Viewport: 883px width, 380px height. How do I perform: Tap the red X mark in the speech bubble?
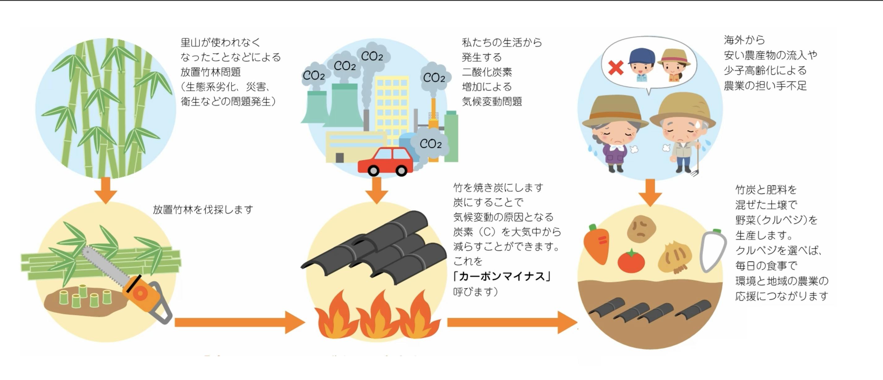616,67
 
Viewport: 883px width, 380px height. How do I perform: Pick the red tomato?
631,261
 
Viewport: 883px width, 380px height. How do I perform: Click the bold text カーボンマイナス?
502,276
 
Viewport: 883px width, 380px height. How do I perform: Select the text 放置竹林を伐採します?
203,209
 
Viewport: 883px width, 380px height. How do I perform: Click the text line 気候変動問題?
492,101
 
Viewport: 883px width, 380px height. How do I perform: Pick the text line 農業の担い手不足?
765,85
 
